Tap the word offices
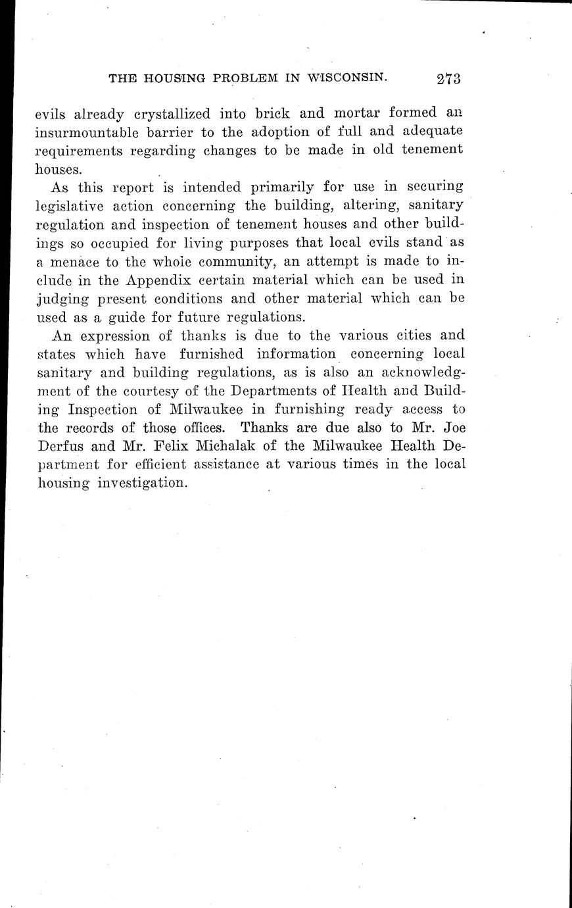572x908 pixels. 197,428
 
